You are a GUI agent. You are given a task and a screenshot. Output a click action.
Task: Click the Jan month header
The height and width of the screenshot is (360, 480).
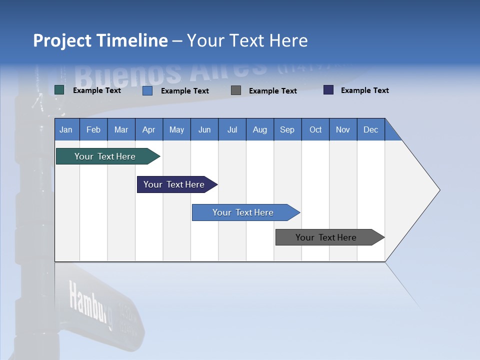[x=66, y=129]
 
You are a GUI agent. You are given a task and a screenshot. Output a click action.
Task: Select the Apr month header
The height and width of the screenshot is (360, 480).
[x=149, y=129]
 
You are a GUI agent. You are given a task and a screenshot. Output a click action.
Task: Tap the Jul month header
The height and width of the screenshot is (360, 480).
[x=232, y=129]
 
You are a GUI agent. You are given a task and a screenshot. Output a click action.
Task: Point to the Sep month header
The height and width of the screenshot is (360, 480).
[x=287, y=129]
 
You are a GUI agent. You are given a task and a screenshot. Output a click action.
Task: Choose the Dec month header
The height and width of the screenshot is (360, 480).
[x=370, y=129]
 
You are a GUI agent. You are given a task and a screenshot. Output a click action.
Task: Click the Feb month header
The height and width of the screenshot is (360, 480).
[x=93, y=129]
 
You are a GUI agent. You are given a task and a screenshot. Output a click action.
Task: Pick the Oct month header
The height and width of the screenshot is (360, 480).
[x=315, y=129]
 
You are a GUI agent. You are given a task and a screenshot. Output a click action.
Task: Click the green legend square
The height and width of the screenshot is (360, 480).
[x=59, y=90]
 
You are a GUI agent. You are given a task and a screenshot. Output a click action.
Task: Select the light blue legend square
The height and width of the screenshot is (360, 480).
[x=147, y=90]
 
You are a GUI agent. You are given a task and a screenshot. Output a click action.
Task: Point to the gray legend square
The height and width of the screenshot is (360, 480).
[x=236, y=90]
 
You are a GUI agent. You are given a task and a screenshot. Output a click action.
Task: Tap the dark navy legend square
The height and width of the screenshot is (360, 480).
[x=328, y=90]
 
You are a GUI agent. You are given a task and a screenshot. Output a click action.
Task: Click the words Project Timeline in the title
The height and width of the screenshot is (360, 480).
[x=100, y=40]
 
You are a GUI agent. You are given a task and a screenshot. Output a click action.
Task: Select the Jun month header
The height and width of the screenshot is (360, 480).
[x=204, y=129]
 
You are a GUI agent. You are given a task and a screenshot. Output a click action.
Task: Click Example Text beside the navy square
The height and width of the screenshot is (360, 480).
[x=364, y=90]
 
